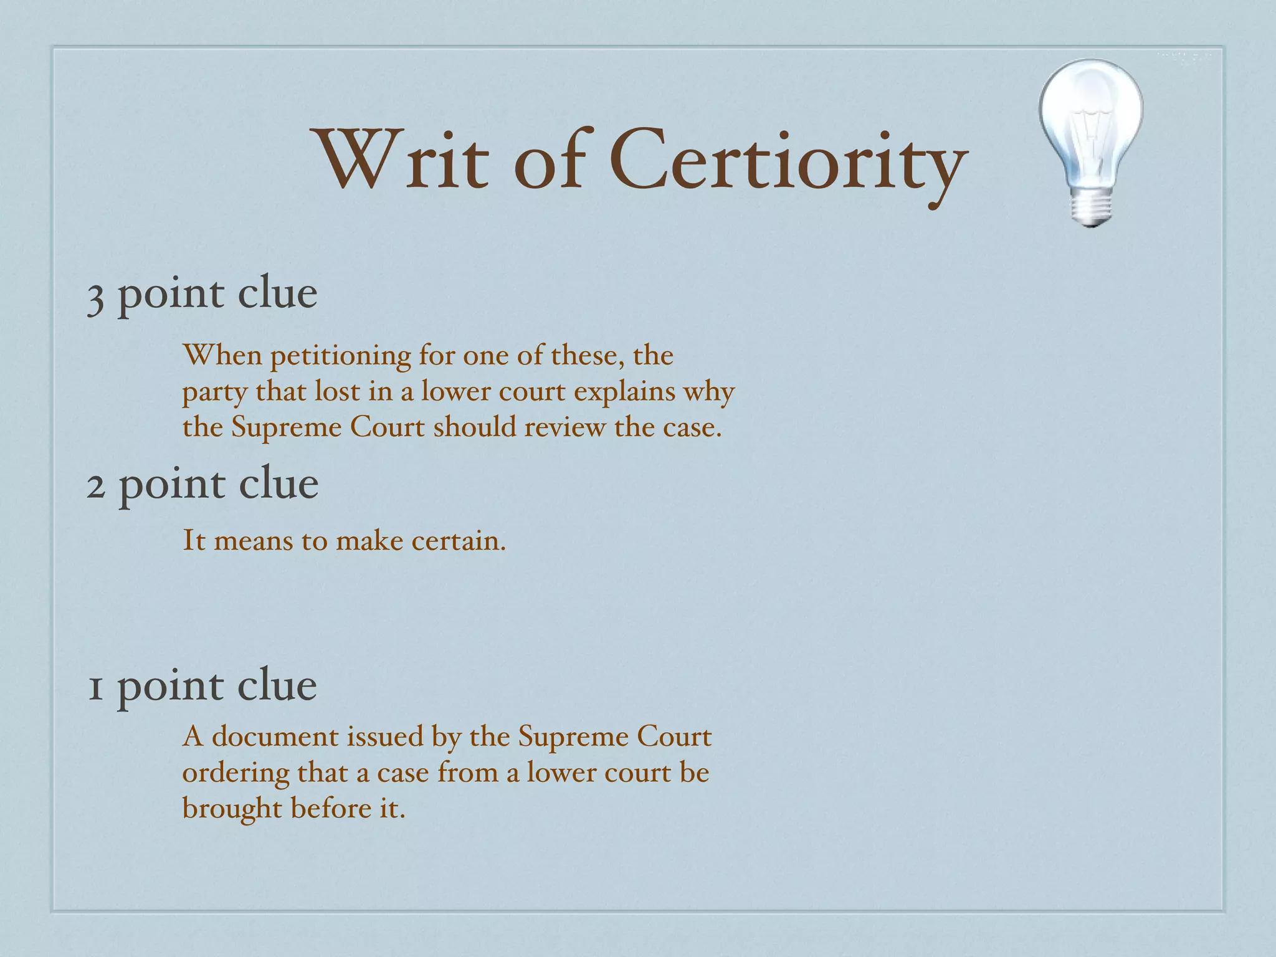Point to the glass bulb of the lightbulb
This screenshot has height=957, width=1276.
1091,118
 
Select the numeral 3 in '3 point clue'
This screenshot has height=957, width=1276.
95,298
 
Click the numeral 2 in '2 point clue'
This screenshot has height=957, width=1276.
95,487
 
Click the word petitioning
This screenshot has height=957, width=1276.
340,357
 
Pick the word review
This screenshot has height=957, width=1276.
564,427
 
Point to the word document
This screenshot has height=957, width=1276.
276,736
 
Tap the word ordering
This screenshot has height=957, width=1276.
236,773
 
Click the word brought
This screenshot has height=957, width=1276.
232,809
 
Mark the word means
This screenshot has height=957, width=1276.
253,540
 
